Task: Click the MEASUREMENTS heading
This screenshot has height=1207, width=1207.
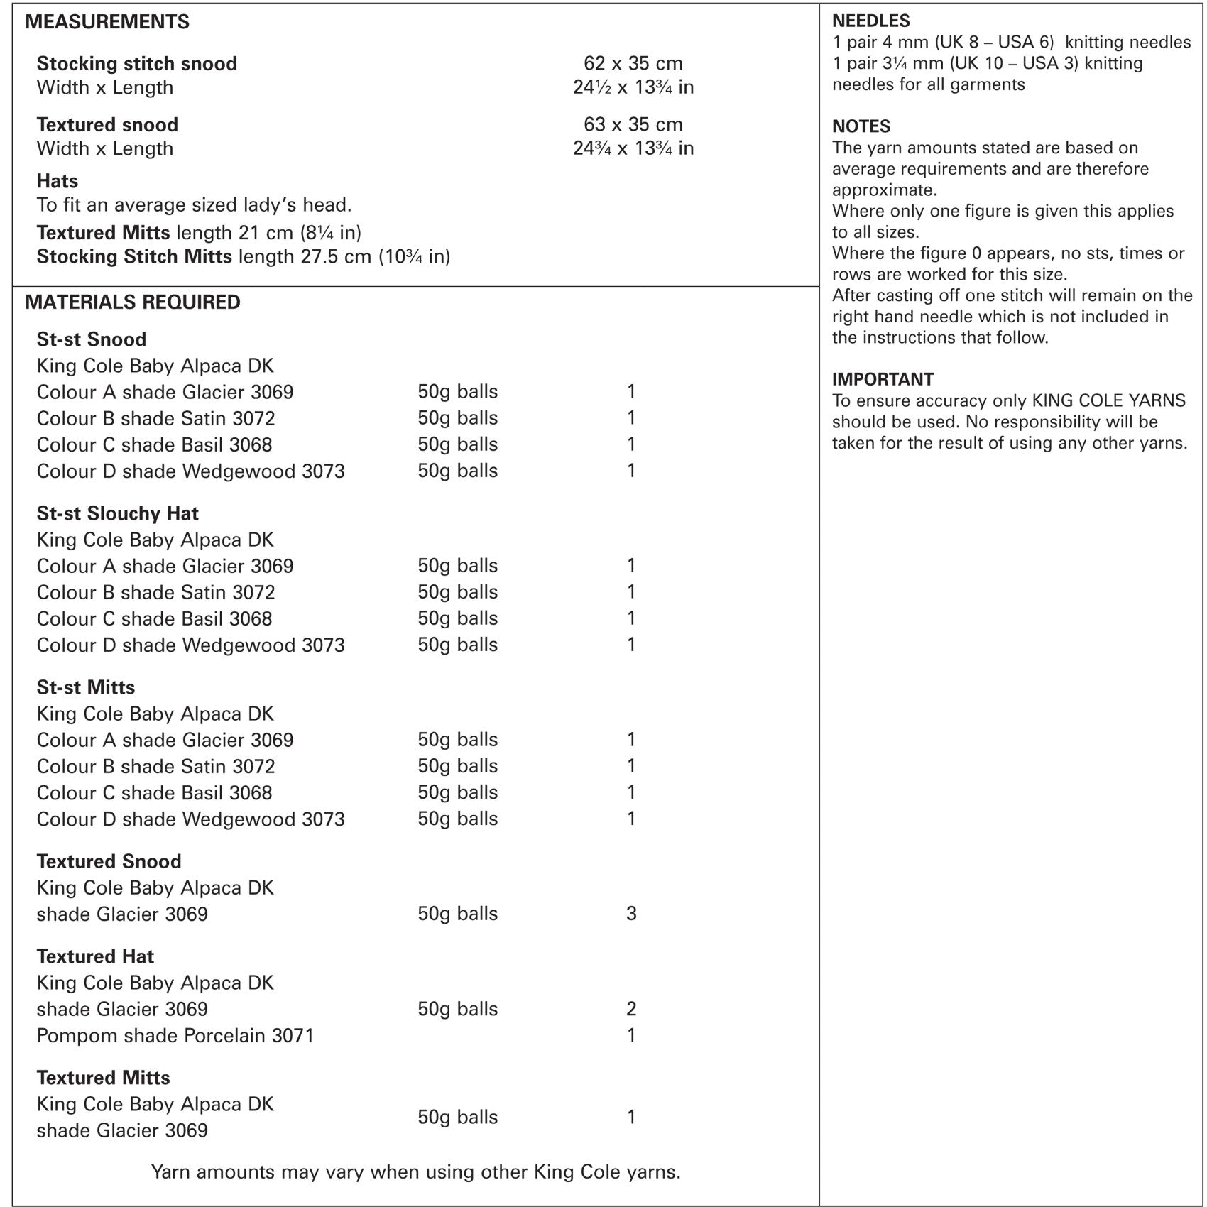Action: click(107, 22)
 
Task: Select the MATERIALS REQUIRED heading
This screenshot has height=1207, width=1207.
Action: click(133, 302)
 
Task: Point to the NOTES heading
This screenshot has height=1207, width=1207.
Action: click(861, 126)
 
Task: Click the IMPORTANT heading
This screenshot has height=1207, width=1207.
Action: click(883, 379)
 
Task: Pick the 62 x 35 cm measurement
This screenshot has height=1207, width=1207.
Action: click(633, 63)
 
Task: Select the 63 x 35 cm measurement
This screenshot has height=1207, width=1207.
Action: click(633, 124)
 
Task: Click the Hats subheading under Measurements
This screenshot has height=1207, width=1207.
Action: click(57, 181)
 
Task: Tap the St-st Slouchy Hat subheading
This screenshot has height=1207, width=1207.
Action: click(117, 513)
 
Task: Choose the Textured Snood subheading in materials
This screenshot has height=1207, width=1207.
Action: click(109, 861)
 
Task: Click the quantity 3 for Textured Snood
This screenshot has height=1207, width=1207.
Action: click(631, 913)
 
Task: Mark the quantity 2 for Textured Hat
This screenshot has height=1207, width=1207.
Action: click(631, 1009)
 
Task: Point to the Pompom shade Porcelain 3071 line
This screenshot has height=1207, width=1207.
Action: click(175, 1035)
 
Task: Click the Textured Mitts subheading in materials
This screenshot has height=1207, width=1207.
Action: click(103, 1078)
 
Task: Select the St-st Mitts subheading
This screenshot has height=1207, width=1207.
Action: click(85, 687)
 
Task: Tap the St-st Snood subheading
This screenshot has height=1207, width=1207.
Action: click(91, 339)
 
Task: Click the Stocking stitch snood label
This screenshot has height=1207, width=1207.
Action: click(136, 64)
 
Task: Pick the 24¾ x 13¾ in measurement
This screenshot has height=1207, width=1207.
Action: click(633, 148)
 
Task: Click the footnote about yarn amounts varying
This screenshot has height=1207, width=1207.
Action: click(415, 1171)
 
